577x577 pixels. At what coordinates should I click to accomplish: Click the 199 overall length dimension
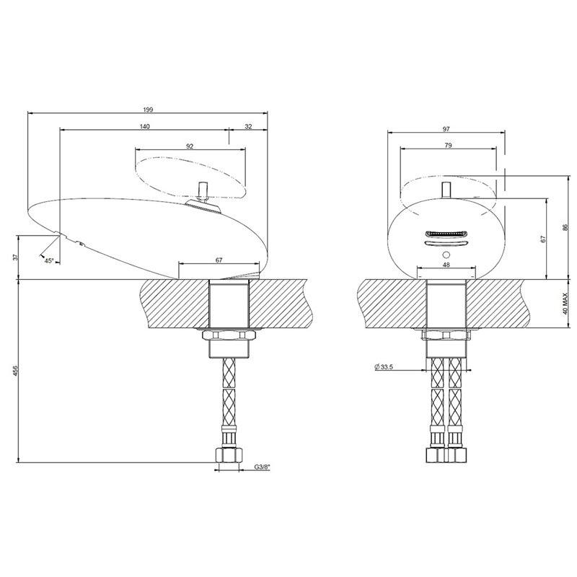148,110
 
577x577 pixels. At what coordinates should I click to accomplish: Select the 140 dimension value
145,127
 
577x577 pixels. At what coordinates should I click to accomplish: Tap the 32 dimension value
248,127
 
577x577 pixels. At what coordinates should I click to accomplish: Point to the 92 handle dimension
190,146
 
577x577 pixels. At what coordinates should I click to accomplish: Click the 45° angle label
49,261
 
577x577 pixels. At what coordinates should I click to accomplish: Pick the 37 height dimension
15,257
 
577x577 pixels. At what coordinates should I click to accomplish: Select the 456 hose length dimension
15,371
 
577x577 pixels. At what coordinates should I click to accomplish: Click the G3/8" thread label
262,467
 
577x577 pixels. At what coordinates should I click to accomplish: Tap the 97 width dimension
446,129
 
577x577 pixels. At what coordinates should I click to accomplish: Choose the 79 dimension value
448,146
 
